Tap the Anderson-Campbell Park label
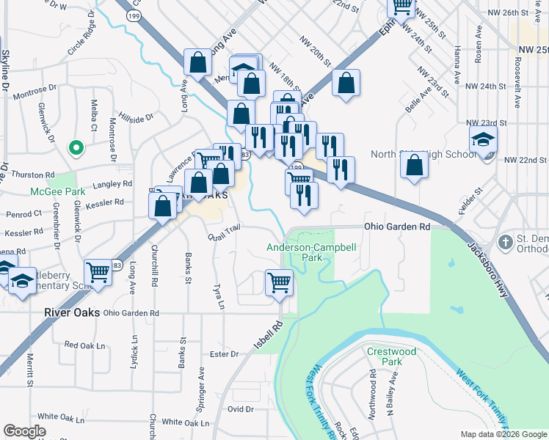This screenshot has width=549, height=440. (x=312, y=253)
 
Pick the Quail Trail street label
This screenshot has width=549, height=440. (x=224, y=232)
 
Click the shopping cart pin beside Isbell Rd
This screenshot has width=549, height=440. (x=279, y=282)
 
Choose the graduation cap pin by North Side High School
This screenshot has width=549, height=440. (x=483, y=139)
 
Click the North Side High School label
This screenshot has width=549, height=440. (x=423, y=154)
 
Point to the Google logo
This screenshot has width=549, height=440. (x=23, y=430)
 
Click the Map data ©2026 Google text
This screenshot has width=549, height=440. (x=503, y=434)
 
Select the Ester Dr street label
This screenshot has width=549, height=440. (x=225, y=354)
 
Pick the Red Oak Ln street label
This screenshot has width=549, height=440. (x=85, y=344)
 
